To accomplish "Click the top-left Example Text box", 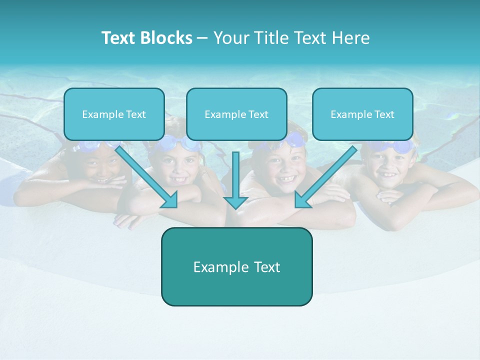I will pos(114,114).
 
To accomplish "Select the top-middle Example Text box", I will pos(236,114).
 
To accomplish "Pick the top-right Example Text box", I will pos(362,114).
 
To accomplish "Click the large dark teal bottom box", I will pos(236,267).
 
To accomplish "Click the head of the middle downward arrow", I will pos(235,202).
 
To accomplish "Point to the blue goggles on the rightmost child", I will pos(395,147).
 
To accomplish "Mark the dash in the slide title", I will pos(202,38).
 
